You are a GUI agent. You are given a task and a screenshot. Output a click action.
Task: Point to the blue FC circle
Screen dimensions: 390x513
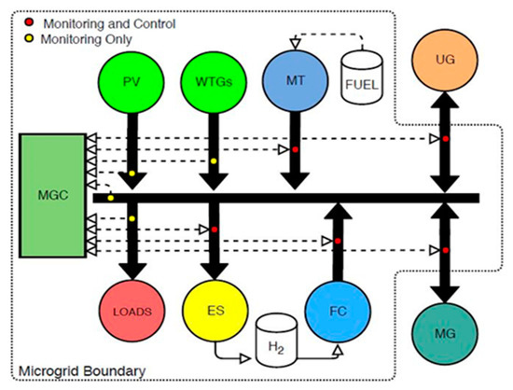click(338, 306)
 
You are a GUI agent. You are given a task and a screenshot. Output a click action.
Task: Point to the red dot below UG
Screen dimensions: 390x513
click(444, 138)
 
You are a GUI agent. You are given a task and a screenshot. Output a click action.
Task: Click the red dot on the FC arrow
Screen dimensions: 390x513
click(338, 242)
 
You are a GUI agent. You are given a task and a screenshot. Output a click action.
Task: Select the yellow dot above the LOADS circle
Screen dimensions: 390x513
click(132, 218)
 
